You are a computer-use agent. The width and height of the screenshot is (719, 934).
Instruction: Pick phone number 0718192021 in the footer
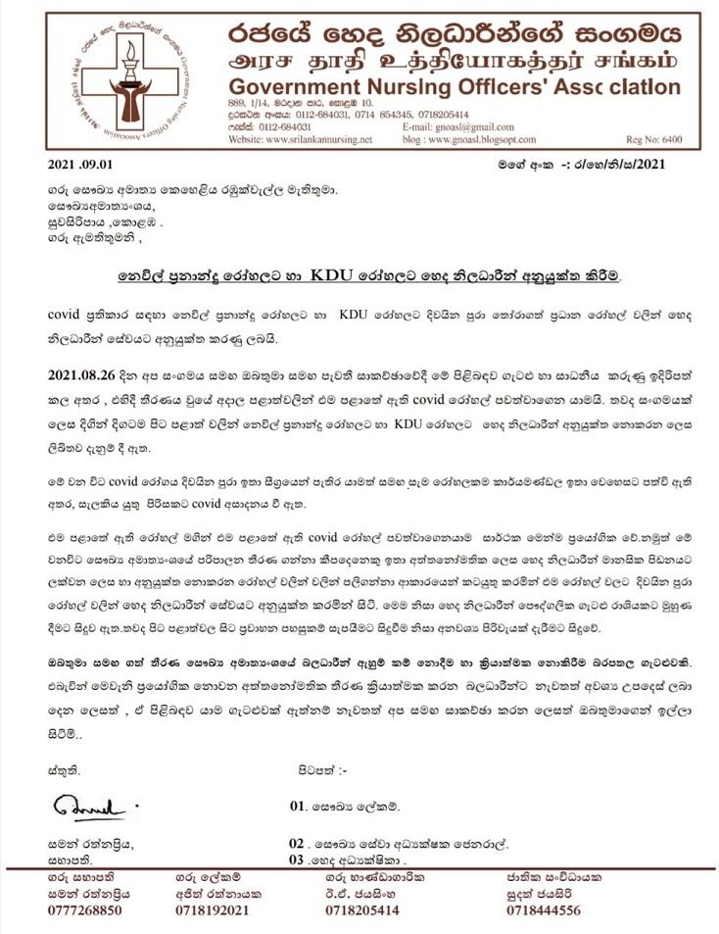click(216, 910)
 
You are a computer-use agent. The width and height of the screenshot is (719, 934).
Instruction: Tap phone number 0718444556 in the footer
click(545, 910)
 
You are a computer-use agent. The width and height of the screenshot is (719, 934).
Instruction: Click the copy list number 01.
click(299, 807)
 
